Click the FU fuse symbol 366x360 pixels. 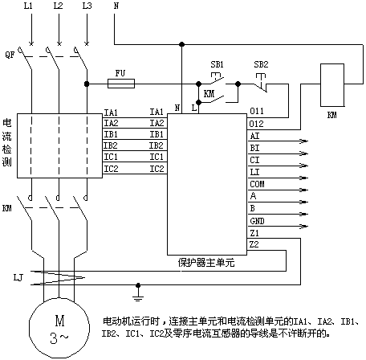point(121,84)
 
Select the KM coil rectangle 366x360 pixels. point(332,85)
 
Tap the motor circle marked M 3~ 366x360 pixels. point(59,328)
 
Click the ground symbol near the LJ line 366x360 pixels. point(138,292)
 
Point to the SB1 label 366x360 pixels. point(217,64)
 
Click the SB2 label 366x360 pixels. point(261,64)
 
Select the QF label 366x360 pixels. point(10,55)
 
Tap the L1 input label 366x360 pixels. point(28,6)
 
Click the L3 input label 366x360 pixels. point(87,6)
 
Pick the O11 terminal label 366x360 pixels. point(257,111)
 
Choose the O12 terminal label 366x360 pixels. point(256,124)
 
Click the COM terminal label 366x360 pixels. point(257,184)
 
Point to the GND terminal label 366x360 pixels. point(257,221)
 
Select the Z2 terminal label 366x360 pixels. point(254,244)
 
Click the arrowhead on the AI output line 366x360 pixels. point(304,141)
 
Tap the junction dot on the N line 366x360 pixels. point(181,44)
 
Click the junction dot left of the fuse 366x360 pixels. point(87,84)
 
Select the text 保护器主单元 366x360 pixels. point(206,263)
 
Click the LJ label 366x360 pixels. point(18,277)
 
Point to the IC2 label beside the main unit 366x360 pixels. point(157,169)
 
